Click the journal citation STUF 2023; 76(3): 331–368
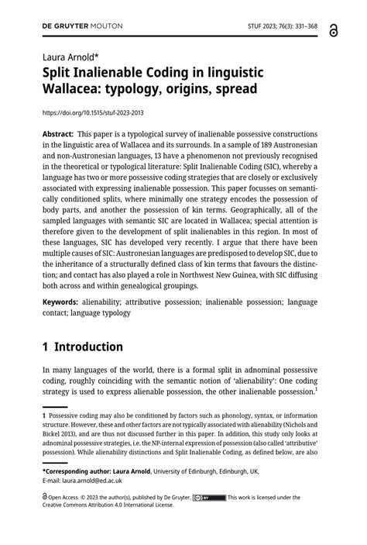280,25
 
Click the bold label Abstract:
59,134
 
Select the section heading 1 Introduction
83,347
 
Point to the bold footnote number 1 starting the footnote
44,415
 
